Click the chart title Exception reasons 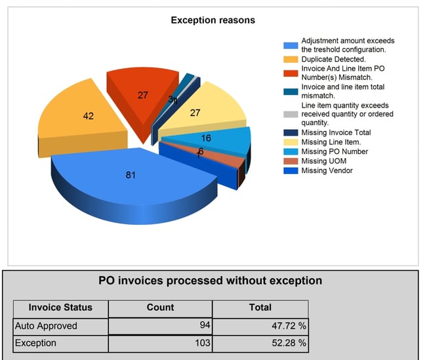pyautogui.click(x=212, y=20)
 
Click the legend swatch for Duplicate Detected pyautogui.click(x=291, y=60)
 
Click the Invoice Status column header pyautogui.click(x=60, y=308)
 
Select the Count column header pyautogui.click(x=160, y=308)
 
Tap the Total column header pyautogui.click(x=260, y=308)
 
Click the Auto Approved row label pyautogui.click(x=46, y=326)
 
